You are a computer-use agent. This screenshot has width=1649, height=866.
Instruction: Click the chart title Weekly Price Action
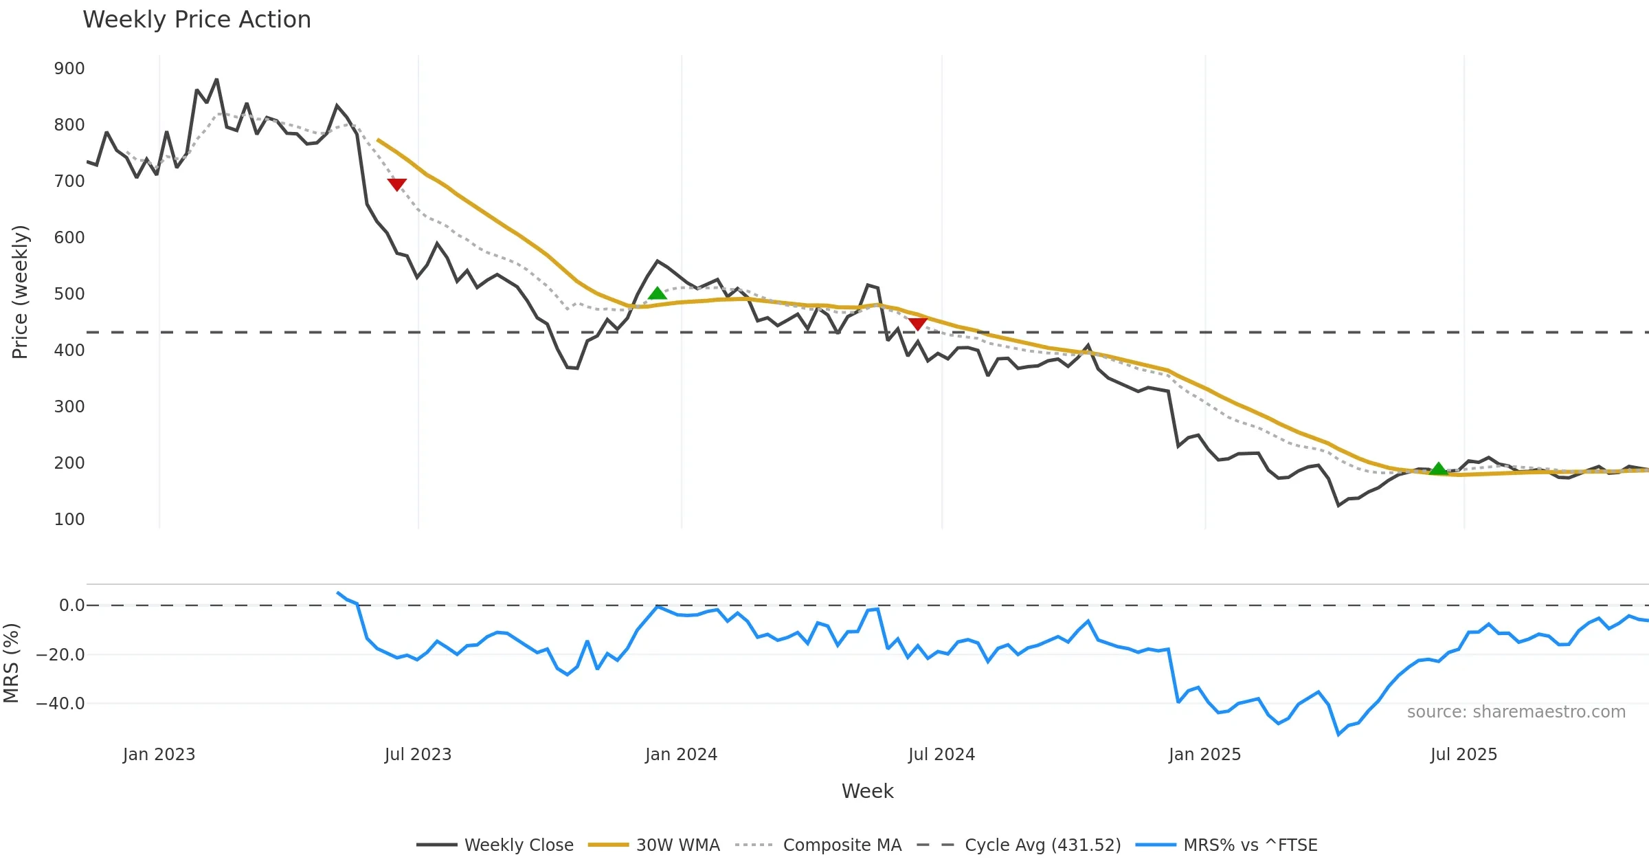tap(197, 20)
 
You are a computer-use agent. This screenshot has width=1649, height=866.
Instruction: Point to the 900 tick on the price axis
tap(69, 69)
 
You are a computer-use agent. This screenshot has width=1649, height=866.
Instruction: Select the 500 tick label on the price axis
tap(69, 294)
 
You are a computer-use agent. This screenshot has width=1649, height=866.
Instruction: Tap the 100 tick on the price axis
tap(69, 520)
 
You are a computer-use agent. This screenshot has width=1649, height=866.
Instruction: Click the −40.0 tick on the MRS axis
tap(60, 704)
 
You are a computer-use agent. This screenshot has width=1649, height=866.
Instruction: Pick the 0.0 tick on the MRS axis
tap(71, 606)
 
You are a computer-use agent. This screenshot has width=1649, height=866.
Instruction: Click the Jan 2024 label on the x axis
tap(681, 755)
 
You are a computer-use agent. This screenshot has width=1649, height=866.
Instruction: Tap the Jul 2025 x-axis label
tap(1463, 755)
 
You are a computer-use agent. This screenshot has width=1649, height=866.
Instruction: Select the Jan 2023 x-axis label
tap(159, 755)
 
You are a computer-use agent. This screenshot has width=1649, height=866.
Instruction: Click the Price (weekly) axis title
tap(20, 292)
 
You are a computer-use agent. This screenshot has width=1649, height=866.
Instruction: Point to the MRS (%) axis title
tap(11, 663)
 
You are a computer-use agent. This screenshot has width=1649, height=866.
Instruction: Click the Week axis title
tap(867, 792)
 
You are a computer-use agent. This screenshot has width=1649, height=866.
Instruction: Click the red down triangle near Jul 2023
tap(397, 184)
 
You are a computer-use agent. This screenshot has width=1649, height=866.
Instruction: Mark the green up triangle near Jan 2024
tap(658, 293)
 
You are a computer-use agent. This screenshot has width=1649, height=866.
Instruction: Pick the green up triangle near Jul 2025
tap(1438, 469)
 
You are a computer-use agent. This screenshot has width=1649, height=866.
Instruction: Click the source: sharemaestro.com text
tap(1516, 712)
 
